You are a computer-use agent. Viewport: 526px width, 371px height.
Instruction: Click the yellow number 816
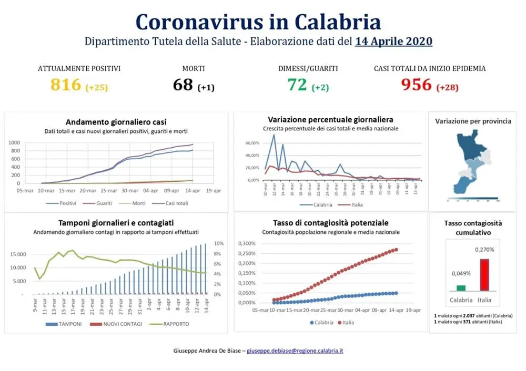pos(66,85)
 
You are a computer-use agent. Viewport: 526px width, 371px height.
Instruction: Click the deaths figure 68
pos(183,85)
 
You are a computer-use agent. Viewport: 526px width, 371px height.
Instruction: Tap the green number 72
pos(297,85)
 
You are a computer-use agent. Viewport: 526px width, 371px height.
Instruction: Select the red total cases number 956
pos(416,85)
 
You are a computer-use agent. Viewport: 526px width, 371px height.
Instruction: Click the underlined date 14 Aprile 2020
pos(393,42)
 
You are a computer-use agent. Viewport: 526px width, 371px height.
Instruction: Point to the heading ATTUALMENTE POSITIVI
pos(79,68)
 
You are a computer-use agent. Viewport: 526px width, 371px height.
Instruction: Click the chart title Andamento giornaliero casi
pos(116,122)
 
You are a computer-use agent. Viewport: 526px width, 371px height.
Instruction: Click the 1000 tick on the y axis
pos(14,142)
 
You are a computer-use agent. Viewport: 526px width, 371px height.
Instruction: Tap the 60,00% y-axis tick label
pos(252,142)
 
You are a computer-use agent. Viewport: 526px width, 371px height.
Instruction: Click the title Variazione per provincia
pos(473,121)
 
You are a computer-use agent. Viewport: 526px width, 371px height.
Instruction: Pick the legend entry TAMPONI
pos(67,324)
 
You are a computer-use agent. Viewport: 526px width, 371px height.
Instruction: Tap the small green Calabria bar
pos(461,287)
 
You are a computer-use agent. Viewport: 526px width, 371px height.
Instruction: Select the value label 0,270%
pos(484,250)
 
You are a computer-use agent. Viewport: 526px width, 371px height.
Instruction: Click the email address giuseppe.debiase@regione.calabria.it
pos(295,350)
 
